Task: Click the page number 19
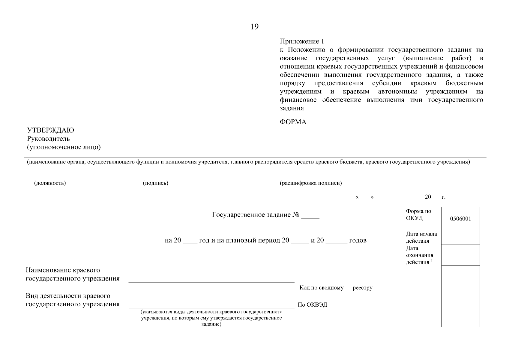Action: coord(254,27)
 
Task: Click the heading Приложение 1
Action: coord(302,41)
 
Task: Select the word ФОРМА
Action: coord(293,122)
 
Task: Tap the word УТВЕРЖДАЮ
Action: coord(50,130)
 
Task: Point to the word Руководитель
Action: coord(48,139)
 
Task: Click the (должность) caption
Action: coord(50,183)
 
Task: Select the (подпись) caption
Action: coord(155,183)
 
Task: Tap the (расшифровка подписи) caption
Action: coord(310,183)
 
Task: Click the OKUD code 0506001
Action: coord(460,219)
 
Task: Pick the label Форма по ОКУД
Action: coord(418,214)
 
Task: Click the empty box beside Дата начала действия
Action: coord(460,237)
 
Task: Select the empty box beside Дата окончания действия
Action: coord(460,255)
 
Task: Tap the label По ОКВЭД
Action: coord(312,305)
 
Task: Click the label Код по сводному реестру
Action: coord(336,288)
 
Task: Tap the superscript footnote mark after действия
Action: coord(432,261)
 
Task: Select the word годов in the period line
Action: coord(358,241)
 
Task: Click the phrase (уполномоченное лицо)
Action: coord(64,147)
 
